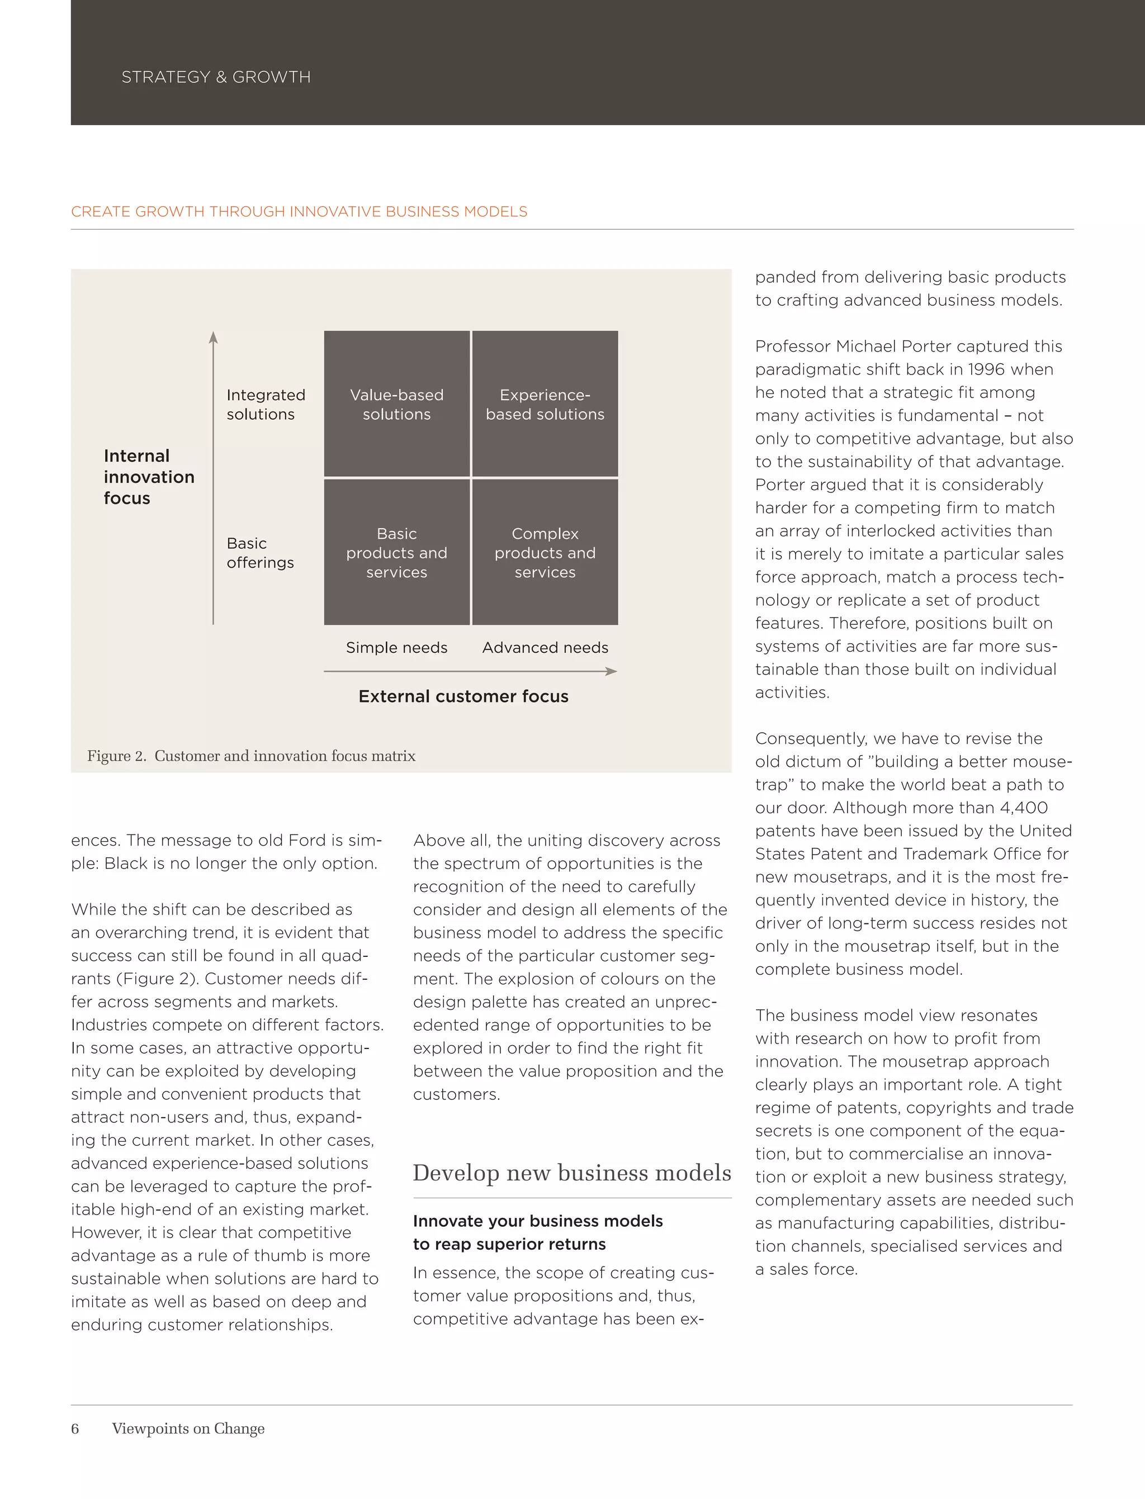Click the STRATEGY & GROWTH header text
[215, 77]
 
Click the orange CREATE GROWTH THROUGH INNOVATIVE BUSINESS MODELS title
[299, 212]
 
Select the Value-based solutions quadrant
[396, 404]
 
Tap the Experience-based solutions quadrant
[545, 404]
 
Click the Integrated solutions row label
[265, 405]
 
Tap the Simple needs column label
[396, 647]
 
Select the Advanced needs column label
[545, 647]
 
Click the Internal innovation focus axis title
[148, 477]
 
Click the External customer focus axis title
[463, 696]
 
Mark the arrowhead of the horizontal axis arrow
[612, 671]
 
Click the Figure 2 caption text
[251, 756]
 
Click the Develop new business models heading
[571, 1173]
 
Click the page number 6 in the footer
[75, 1428]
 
